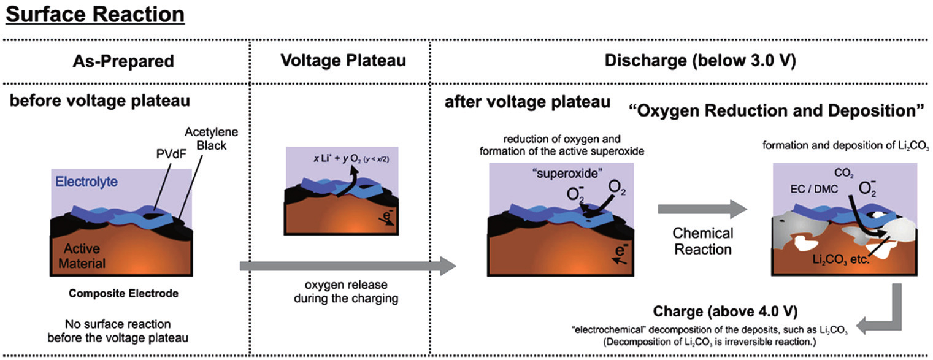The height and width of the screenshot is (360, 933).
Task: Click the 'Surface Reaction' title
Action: click(94, 13)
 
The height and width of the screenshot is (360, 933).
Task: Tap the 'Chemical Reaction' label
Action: click(702, 241)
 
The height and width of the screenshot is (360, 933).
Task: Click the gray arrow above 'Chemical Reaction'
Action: click(702, 210)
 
